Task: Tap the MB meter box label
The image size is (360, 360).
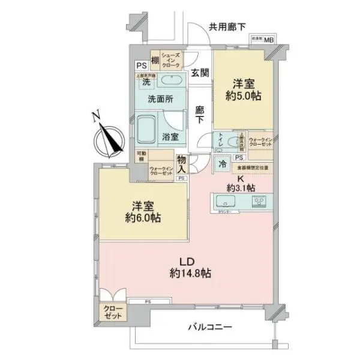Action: (268, 41)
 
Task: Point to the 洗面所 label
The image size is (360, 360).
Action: (160, 100)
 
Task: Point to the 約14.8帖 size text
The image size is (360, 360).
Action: (189, 273)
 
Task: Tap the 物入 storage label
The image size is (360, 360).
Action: (183, 163)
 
